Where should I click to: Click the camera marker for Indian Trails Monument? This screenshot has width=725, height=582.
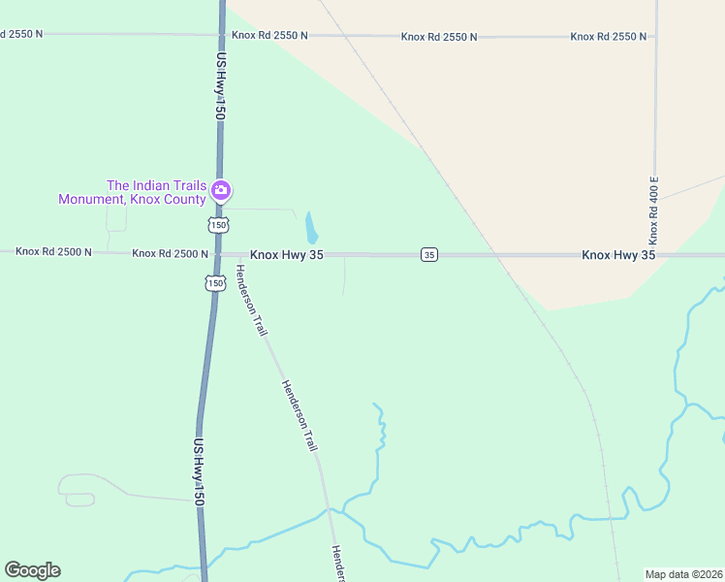[x=221, y=189]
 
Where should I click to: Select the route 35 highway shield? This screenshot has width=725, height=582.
[x=429, y=254]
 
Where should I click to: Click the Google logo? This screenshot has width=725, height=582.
[x=32, y=570]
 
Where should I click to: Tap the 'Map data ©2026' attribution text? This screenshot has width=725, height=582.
[x=683, y=573]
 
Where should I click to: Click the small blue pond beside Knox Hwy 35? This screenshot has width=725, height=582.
[x=311, y=228]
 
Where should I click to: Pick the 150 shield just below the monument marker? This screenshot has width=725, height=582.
[x=217, y=225]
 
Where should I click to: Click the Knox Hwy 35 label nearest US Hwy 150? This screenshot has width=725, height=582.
[x=286, y=254]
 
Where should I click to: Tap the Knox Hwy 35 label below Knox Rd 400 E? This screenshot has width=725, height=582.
[x=618, y=254]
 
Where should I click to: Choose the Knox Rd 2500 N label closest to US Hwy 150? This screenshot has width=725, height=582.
[x=171, y=253]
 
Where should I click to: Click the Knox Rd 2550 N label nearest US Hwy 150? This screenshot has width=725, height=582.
[x=269, y=36]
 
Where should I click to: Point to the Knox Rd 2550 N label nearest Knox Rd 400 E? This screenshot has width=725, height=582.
[x=608, y=36]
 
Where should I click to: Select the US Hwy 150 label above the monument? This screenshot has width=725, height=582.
[x=221, y=86]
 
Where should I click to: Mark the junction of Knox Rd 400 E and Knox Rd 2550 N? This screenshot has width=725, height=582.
[x=656, y=37]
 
